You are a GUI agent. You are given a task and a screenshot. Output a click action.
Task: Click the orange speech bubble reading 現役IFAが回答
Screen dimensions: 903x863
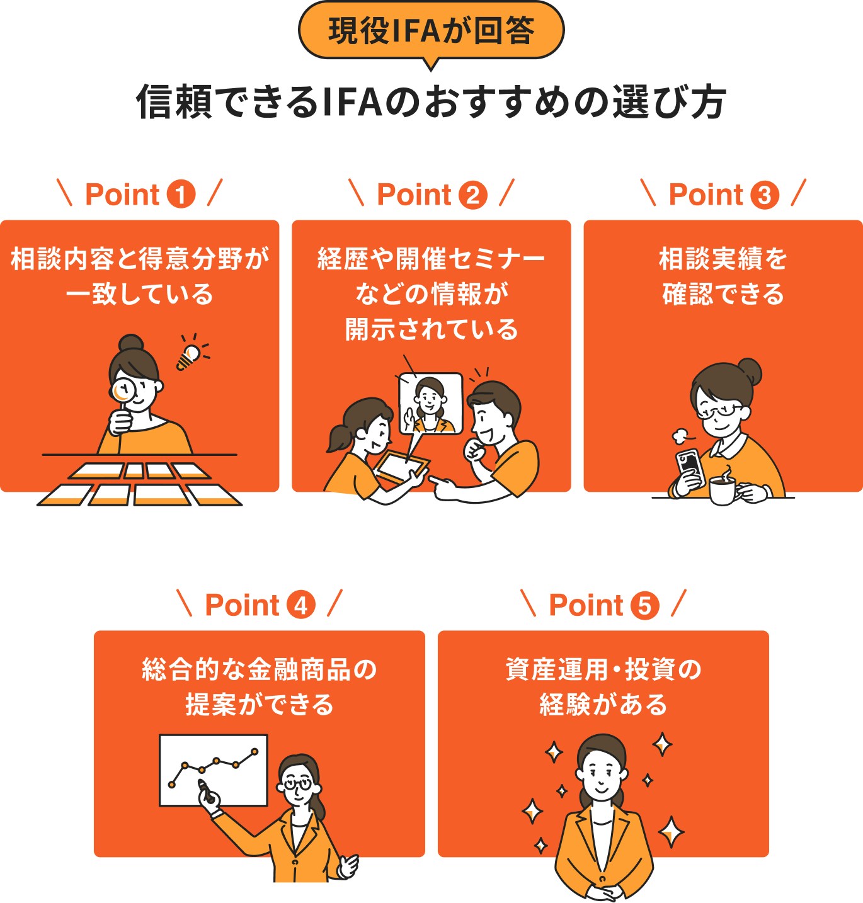[431, 31]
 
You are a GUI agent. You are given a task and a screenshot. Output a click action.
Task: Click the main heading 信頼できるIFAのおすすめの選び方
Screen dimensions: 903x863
[431, 102]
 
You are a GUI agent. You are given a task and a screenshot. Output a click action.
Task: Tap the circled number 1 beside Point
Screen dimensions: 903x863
[181, 194]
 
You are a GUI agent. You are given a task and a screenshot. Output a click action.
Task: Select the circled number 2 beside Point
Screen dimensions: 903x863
[472, 195]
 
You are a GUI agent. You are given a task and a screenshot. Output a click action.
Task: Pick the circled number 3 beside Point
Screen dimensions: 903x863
[764, 195]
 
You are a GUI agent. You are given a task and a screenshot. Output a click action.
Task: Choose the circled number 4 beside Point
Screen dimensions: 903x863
[301, 605]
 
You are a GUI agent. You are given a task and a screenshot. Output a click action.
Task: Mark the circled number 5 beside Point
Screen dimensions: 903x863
[644, 606]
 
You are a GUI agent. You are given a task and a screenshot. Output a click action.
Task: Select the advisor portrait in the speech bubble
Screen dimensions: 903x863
[430, 404]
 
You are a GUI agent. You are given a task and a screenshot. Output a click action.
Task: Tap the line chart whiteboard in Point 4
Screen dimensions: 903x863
[213, 770]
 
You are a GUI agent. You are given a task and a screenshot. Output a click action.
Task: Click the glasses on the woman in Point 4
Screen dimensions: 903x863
[297, 784]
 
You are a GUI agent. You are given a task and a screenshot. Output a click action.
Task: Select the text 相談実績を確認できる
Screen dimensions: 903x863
[723, 276]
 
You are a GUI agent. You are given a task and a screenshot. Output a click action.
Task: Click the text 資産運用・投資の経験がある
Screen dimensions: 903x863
[603, 686]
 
